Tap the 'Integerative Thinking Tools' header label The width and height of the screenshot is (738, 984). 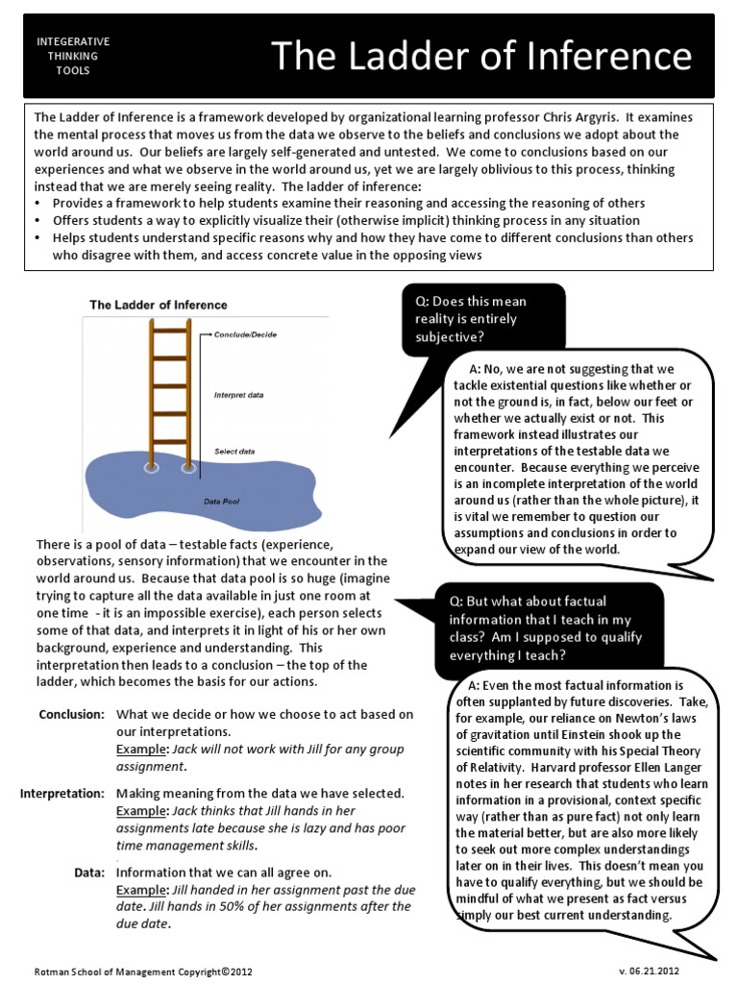point(73,56)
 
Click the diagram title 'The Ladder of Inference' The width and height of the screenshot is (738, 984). point(159,305)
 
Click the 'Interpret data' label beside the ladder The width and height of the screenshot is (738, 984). point(238,395)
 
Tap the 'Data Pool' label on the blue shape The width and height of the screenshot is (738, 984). point(220,502)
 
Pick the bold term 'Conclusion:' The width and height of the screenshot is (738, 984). point(71,714)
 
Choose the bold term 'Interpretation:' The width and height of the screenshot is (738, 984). point(62,793)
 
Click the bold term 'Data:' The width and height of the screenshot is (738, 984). point(88,872)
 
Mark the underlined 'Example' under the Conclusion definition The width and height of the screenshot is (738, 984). point(142,749)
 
